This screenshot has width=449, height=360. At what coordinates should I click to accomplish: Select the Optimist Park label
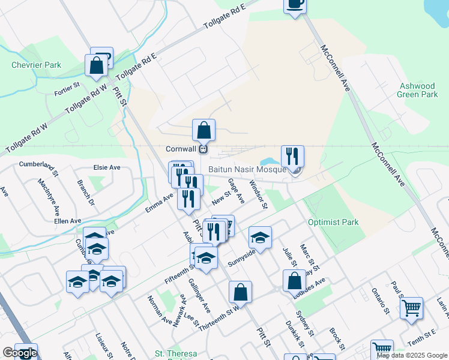333,222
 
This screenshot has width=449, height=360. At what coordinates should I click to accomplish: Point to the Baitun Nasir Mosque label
249,170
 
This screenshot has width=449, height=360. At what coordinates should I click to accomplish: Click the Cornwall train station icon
203,149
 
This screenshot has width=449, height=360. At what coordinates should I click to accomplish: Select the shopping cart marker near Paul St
411,308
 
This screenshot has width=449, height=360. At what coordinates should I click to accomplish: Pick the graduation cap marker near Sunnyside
260,238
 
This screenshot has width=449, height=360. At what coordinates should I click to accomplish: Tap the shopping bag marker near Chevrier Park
96,65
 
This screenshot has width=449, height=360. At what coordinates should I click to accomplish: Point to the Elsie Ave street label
107,167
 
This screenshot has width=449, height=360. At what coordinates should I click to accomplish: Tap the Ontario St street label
381,302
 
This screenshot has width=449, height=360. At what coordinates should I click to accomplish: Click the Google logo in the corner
20,353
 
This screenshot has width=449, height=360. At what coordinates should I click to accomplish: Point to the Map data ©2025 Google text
412,356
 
